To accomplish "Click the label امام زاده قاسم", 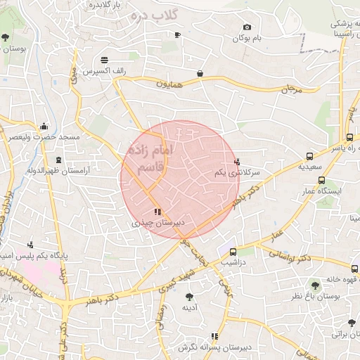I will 146,158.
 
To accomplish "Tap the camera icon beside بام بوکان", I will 247,27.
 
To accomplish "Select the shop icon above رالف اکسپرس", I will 105,58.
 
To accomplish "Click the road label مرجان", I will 290,89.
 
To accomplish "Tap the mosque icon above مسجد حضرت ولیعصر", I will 44,127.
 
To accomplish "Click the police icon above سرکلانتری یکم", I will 237,161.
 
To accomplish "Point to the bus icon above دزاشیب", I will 233,251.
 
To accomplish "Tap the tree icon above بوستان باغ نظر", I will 314,285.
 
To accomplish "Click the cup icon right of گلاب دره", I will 177,34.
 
